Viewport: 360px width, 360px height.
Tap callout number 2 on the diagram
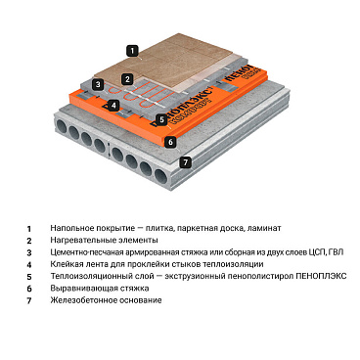point(127,78)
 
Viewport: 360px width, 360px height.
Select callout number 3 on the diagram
point(98,85)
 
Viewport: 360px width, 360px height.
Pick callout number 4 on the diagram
point(114,105)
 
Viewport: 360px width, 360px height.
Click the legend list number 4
point(29,264)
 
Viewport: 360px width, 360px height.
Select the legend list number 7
point(29,299)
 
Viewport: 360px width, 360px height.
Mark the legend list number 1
point(29,228)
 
